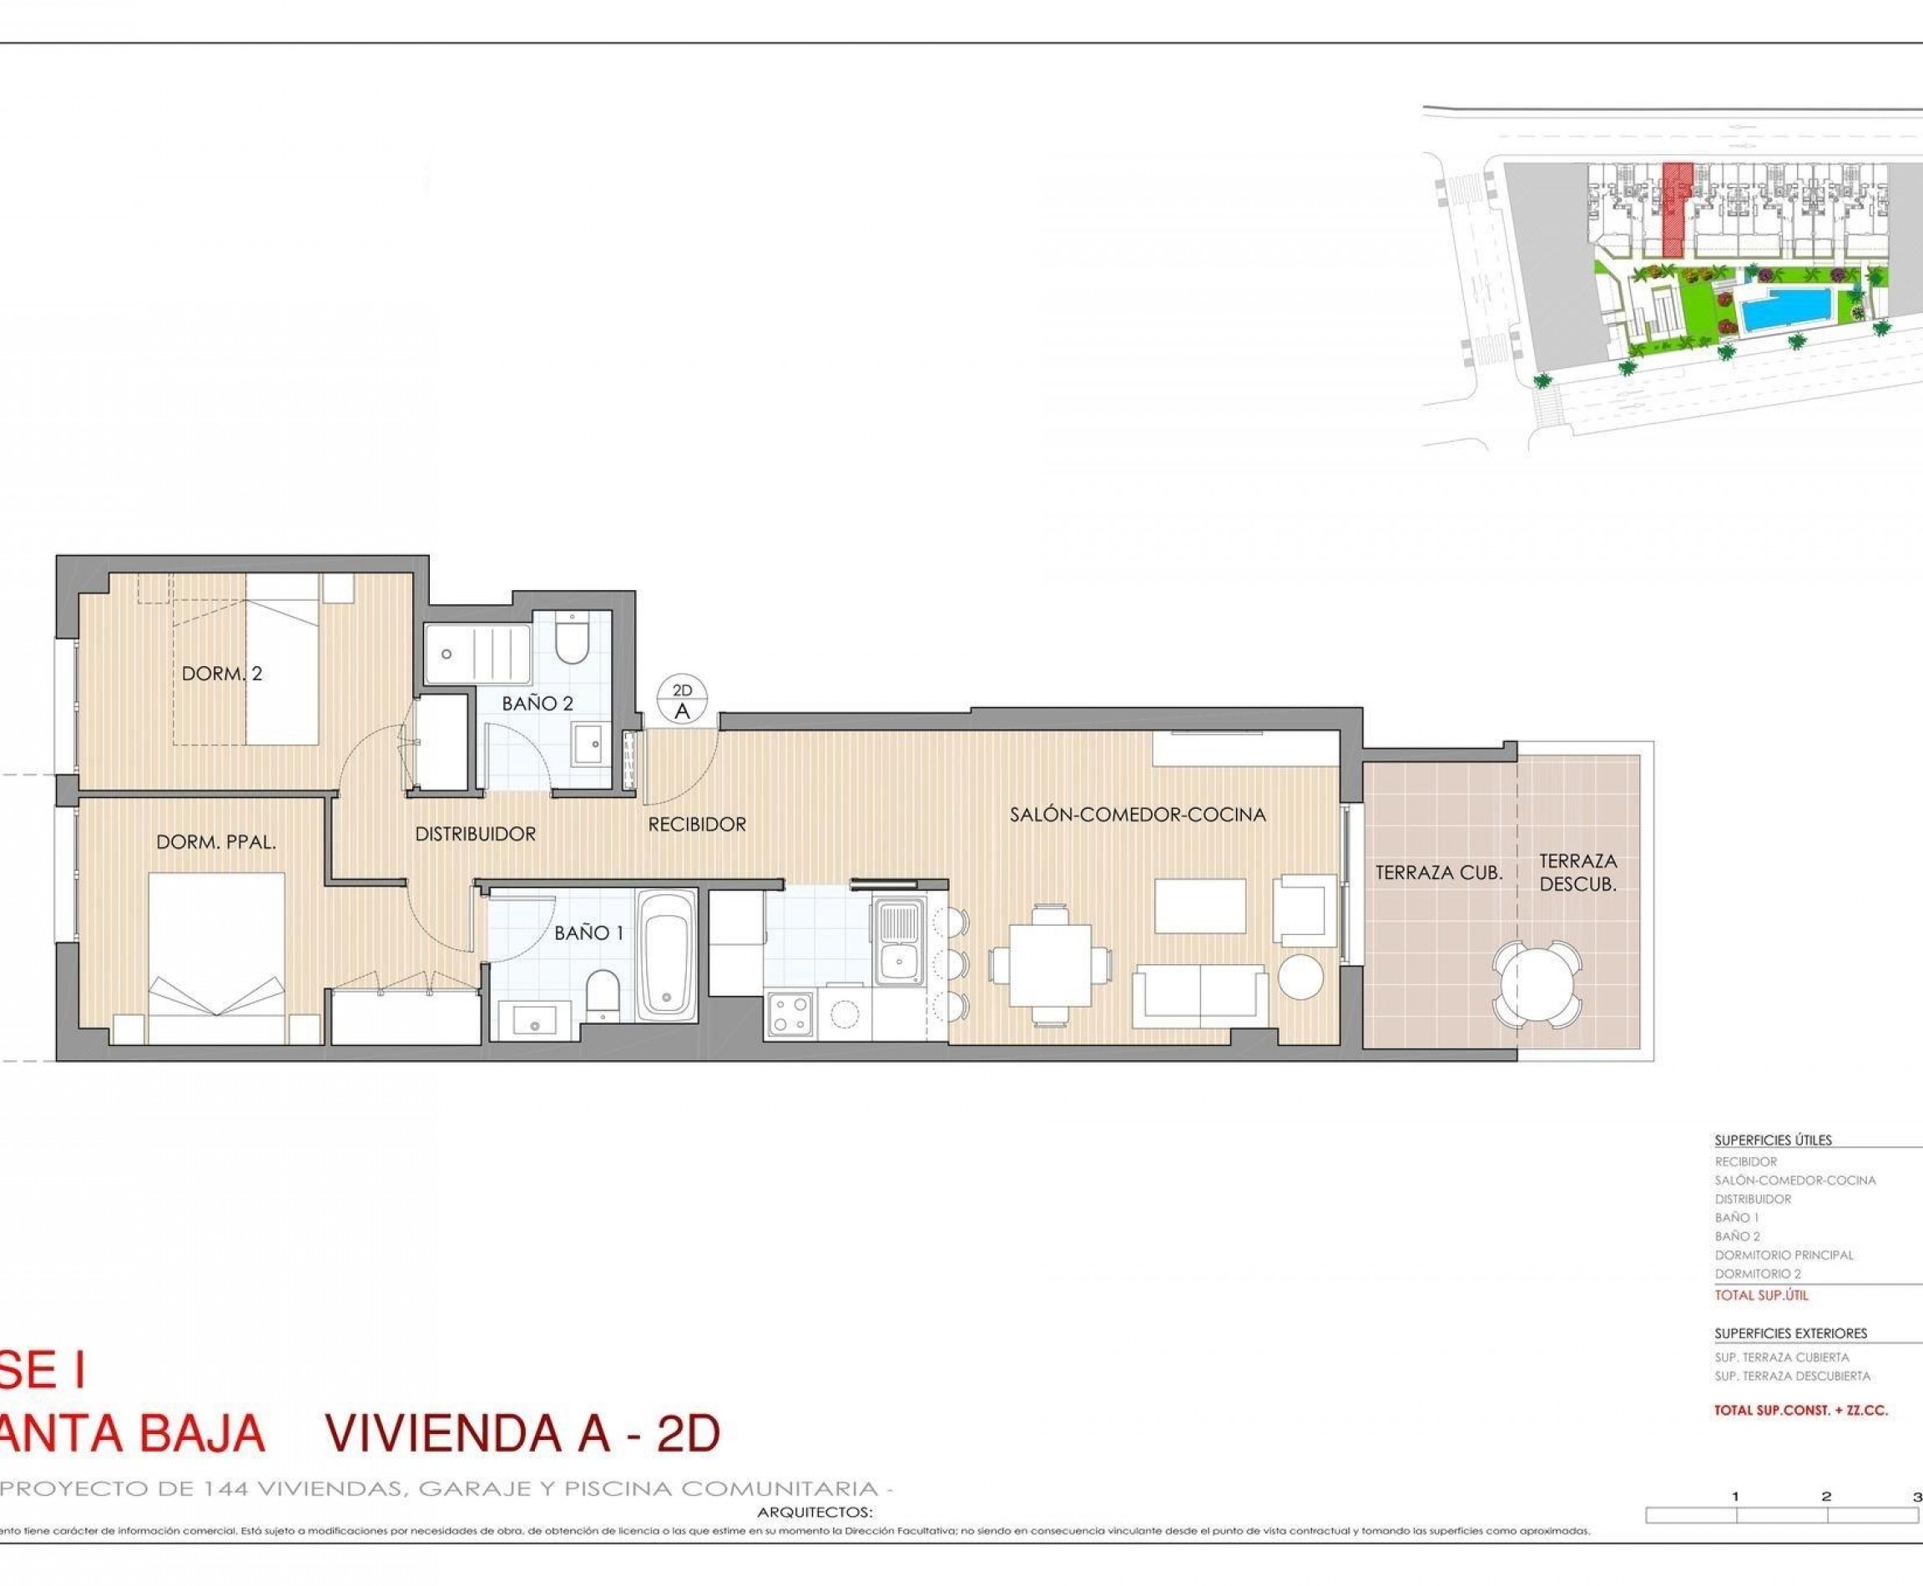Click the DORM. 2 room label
(x=222, y=674)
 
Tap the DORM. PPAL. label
(x=215, y=842)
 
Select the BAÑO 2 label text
(x=538, y=703)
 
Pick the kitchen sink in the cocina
(x=900, y=945)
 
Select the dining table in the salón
(x=1051, y=964)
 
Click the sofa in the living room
(x=1199, y=998)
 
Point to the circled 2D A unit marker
(x=682, y=702)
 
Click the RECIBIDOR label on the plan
(x=697, y=824)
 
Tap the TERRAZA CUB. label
(x=1439, y=872)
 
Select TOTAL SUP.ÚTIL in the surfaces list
(x=1760, y=1295)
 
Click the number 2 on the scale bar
(x=1825, y=1497)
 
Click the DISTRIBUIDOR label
(x=475, y=833)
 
